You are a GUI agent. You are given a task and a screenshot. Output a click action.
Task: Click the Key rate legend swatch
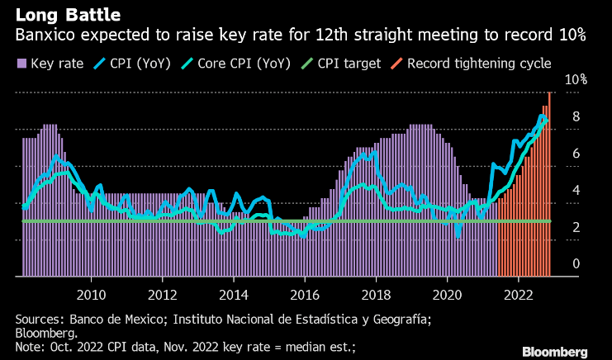tap(21, 63)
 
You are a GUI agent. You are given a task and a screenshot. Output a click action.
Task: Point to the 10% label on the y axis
tap(575, 80)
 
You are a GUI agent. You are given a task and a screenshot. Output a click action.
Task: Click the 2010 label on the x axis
tap(91, 294)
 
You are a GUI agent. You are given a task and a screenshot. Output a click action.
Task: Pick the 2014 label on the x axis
tap(234, 294)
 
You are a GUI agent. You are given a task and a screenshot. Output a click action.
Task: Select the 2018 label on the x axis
tap(377, 294)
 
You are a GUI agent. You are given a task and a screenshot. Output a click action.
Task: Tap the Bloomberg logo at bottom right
tap(555, 352)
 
